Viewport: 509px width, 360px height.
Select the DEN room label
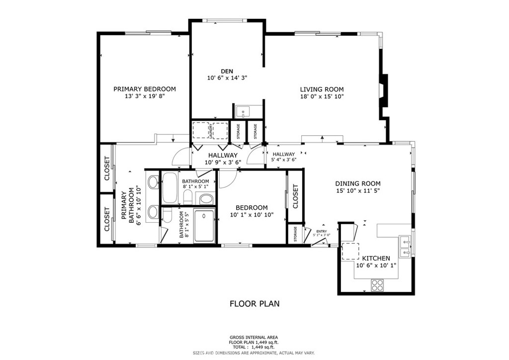[x=227, y=71]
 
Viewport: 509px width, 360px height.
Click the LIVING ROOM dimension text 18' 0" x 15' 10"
[x=322, y=96]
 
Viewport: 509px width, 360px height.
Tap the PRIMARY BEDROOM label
[x=145, y=89]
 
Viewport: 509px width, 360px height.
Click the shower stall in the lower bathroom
[x=204, y=226]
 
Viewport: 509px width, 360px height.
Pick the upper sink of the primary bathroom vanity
[x=153, y=182]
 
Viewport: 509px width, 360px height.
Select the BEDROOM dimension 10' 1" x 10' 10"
[x=252, y=215]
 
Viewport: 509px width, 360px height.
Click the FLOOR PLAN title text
[x=254, y=303]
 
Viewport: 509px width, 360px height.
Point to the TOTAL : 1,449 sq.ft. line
[x=254, y=347]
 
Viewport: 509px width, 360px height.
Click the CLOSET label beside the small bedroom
[x=295, y=196]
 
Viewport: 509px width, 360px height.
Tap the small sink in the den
[x=243, y=111]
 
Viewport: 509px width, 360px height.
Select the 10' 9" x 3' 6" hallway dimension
[x=223, y=162]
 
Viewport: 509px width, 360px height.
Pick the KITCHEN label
[x=376, y=258]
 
